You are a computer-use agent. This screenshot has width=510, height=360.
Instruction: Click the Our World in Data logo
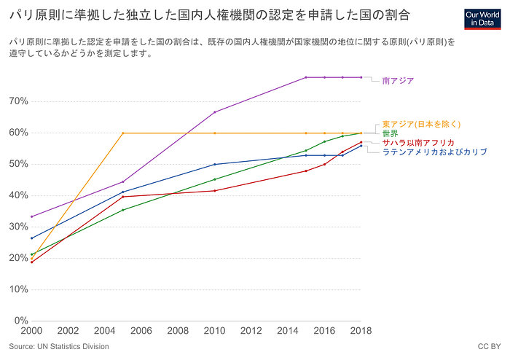tap(482, 19)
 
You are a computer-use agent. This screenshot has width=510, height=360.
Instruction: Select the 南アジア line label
tap(398, 81)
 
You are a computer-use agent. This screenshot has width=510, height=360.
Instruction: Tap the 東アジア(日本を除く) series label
tap(421, 124)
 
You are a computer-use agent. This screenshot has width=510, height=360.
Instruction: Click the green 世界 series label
tap(390, 133)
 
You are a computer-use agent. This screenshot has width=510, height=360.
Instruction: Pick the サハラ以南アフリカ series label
tap(418, 143)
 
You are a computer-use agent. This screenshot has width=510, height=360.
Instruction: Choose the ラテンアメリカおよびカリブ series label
tap(434, 152)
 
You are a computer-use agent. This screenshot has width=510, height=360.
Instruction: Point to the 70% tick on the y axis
tap(18, 101)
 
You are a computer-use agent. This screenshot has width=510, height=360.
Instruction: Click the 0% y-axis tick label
tap(21, 321)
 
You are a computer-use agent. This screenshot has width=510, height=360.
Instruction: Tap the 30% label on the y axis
tap(18, 227)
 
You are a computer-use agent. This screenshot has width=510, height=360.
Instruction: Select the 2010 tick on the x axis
tap(214, 331)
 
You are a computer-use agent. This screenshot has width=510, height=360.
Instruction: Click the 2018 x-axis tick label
tap(361, 331)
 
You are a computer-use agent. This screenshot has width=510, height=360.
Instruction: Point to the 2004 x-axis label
tap(104, 331)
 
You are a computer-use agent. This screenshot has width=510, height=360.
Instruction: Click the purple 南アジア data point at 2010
tap(215, 112)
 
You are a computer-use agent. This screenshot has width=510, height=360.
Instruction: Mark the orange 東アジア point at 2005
tap(123, 133)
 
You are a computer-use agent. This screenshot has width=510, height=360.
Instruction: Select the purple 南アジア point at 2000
tap(31, 216)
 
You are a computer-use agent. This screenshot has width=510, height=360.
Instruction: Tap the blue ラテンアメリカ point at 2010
tap(215, 164)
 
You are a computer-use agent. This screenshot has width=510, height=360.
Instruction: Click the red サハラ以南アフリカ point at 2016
tap(325, 164)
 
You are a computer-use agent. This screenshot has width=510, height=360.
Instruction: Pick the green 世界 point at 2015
tap(306, 151)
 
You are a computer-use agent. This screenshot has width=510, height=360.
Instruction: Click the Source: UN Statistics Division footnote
tap(59, 347)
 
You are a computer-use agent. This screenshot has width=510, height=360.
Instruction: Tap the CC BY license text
tap(489, 347)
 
